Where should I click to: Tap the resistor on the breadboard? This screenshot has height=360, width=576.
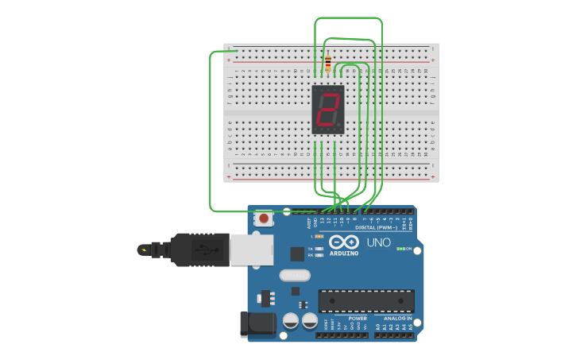pyautogui.click(x=327, y=64)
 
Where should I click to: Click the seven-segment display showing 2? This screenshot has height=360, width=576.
pyautogui.click(x=328, y=110)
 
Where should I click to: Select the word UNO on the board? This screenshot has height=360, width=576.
pyautogui.click(x=379, y=242)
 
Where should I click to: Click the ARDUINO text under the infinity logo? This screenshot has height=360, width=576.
pyautogui.click(x=343, y=254)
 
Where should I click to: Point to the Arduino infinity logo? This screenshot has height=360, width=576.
pyautogui.click(x=343, y=242)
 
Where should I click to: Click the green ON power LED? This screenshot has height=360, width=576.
pyautogui.click(x=400, y=249)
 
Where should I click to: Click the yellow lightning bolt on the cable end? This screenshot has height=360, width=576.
pyautogui.click(x=144, y=250)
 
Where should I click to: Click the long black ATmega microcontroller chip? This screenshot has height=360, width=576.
pyautogui.click(x=366, y=301)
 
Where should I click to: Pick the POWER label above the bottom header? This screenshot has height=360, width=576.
pyautogui.click(x=358, y=318)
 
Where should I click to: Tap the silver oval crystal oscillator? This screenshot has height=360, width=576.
pyautogui.click(x=294, y=275)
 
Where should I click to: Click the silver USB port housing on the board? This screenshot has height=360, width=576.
pyautogui.click(x=252, y=249)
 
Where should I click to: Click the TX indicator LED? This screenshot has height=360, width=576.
pyautogui.click(x=319, y=249)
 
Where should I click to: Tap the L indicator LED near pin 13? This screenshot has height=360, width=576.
pyautogui.click(x=319, y=236)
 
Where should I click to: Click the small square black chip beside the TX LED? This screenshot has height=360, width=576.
pyautogui.click(x=297, y=254)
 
